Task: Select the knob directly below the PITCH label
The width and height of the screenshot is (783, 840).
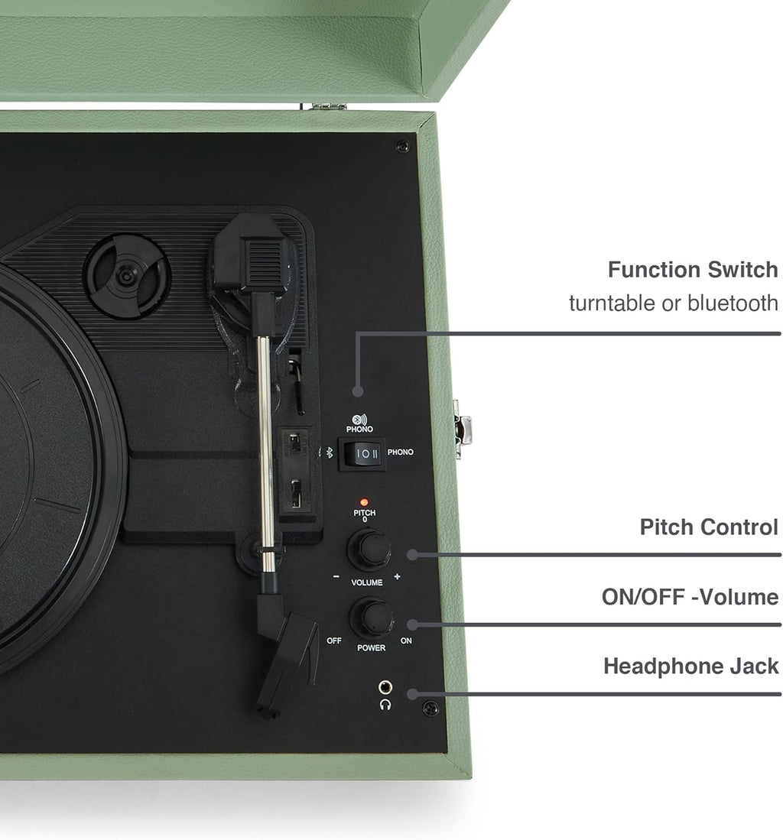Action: pos(369,549)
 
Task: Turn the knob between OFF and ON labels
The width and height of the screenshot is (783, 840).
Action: pos(371,617)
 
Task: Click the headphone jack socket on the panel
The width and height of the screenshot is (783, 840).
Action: pos(385,686)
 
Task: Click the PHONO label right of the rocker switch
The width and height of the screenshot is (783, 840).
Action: pos(400,452)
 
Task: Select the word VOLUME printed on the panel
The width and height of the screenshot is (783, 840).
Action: pos(367,582)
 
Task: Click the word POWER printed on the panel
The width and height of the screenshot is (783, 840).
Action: pos(371,647)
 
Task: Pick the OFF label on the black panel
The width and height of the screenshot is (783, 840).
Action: pos(334,641)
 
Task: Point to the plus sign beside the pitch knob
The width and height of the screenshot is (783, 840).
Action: pos(397,576)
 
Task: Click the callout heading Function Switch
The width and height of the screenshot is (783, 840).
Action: pos(693,270)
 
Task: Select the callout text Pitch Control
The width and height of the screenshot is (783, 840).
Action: pos(709,527)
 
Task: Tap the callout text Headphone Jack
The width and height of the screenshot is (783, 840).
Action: pos(691,666)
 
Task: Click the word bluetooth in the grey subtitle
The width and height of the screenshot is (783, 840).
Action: pos(733,303)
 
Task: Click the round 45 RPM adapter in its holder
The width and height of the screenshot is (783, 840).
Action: pos(126,277)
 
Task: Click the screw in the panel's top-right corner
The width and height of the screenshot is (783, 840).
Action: pos(402,146)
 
